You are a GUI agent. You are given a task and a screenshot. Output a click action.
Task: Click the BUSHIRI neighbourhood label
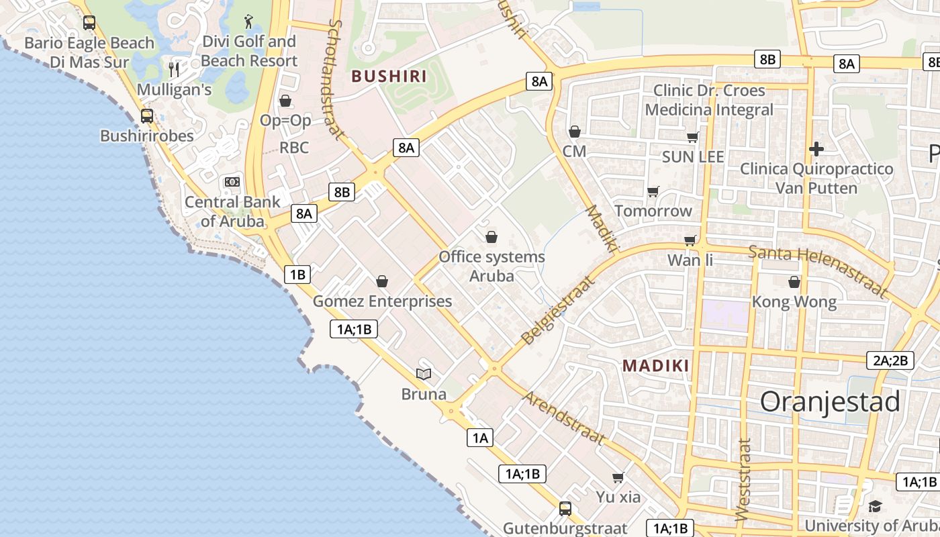389,76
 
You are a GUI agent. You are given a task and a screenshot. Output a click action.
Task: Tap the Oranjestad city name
830,401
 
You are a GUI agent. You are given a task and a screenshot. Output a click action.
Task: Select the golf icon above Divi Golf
249,21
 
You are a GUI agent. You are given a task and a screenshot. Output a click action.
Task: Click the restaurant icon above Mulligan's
174,68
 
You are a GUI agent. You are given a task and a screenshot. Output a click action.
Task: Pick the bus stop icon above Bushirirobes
147,115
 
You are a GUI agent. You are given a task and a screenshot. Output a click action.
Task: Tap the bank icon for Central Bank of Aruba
232,182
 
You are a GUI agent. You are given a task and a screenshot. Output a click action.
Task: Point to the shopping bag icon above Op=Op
285,101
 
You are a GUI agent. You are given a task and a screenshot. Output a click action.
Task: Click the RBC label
294,147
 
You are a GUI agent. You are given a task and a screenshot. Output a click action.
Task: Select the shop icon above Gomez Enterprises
382,281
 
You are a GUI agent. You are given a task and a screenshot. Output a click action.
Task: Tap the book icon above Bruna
424,374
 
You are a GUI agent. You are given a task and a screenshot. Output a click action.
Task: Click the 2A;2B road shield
890,360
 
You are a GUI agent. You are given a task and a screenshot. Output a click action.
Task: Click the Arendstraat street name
563,418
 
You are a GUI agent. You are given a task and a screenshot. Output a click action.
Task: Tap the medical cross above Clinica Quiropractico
816,148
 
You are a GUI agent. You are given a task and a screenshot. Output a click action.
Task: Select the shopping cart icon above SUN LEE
693,137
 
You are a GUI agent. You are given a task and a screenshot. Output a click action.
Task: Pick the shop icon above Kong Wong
794,282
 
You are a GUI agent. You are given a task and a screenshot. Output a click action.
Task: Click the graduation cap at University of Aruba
875,506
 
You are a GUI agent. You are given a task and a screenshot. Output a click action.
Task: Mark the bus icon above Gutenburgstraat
565,508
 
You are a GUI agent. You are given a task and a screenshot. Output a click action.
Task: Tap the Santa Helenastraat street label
818,271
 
